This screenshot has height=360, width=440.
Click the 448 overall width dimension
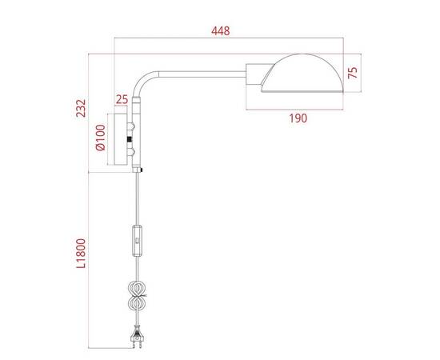[221, 31]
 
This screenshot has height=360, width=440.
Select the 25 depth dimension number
[122, 99]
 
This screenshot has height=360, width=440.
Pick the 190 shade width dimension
[297, 118]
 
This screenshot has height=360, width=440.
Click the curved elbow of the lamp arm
[147, 81]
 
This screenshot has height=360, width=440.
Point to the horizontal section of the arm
[200, 74]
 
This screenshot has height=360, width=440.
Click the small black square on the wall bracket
[131, 140]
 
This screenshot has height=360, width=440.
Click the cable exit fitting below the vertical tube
[141, 170]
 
